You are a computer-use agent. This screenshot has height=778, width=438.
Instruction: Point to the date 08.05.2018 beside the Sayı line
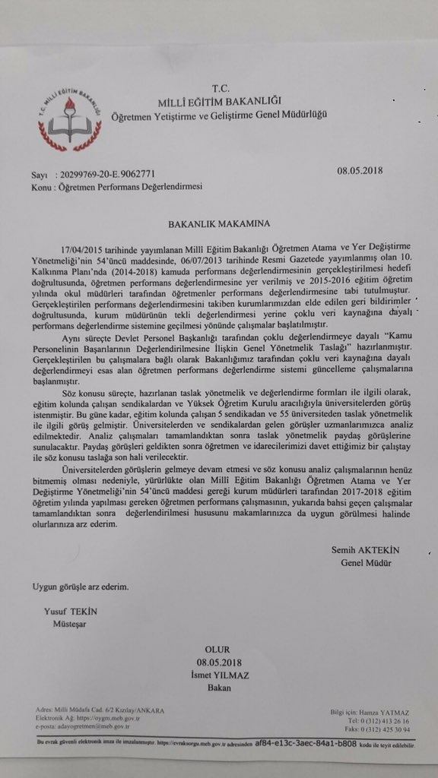(x=361, y=171)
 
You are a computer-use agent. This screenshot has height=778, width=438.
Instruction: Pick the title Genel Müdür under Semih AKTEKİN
(x=366, y=562)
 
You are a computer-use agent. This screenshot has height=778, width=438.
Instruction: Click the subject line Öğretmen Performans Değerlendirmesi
(x=130, y=186)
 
